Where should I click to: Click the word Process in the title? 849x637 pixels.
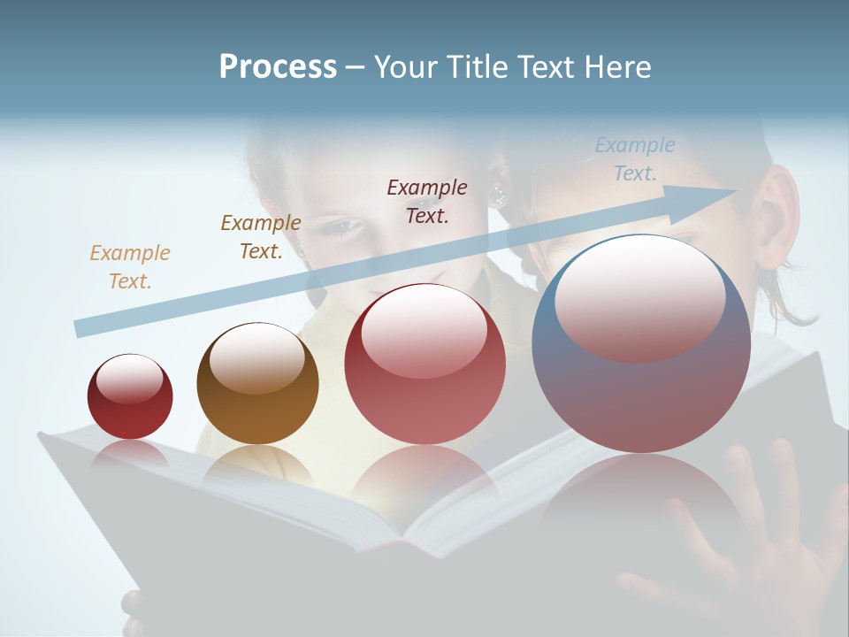pos(278,67)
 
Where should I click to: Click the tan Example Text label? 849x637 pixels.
pos(129,266)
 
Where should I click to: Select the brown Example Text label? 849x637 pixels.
pos(260,236)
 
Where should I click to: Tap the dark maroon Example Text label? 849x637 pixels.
pos(426,201)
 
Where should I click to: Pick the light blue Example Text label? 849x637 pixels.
pos(634,158)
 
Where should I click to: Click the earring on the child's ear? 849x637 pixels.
pos(498,194)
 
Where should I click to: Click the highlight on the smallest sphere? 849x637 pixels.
pos(129,379)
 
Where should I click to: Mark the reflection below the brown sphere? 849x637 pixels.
pos(257,464)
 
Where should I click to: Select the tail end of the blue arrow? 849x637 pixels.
pos(82,328)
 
